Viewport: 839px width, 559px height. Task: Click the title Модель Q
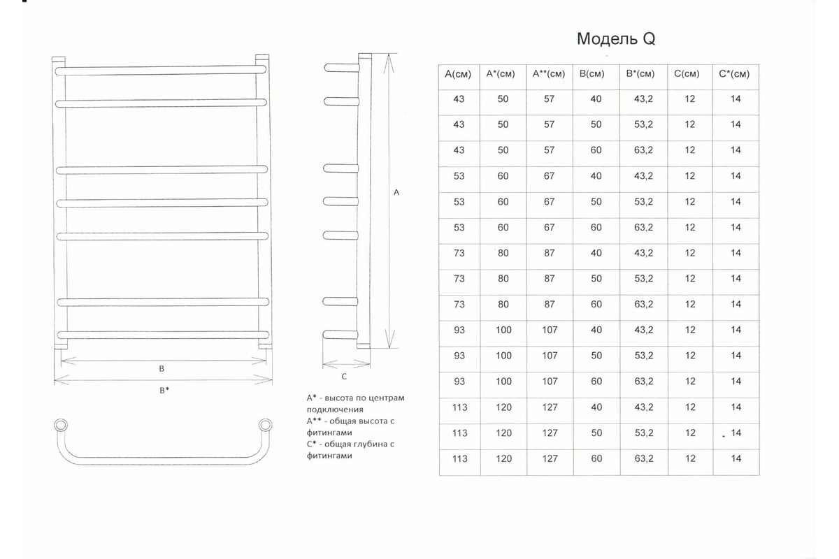click(x=616, y=38)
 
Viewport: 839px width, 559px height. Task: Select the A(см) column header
click(x=458, y=74)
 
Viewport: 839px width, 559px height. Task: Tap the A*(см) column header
click(x=501, y=74)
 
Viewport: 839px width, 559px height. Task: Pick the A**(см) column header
click(x=549, y=74)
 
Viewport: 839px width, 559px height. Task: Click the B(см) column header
click(x=591, y=74)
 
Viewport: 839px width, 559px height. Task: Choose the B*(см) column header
click(x=640, y=74)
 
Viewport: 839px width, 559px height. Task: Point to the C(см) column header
click(x=687, y=74)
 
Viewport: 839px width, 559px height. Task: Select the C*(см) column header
click(x=734, y=74)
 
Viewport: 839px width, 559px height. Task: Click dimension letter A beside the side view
click(x=396, y=192)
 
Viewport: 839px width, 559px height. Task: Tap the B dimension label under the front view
click(x=162, y=368)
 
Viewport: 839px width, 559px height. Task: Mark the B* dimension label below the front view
click(x=164, y=390)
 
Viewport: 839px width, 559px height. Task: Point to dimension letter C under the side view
click(x=344, y=377)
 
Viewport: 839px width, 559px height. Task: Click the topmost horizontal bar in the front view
click(x=161, y=70)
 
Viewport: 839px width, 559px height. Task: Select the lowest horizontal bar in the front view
click(x=163, y=335)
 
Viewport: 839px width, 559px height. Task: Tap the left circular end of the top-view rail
click(x=61, y=426)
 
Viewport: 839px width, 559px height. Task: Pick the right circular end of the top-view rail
click(x=265, y=426)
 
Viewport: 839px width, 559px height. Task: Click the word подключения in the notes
click(x=335, y=409)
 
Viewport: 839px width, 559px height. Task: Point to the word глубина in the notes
click(x=356, y=444)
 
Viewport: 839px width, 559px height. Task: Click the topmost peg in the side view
click(x=342, y=68)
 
